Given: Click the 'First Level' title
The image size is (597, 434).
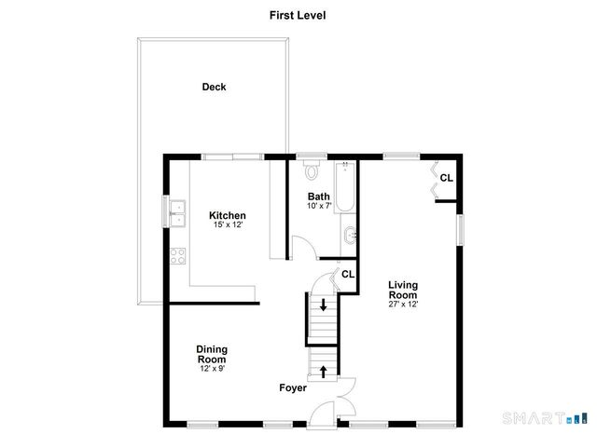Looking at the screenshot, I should [298, 15].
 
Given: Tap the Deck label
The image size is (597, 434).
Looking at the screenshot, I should [215, 88].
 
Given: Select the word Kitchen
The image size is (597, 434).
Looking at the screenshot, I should [227, 215].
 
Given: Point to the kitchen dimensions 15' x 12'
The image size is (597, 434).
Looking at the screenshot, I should [227, 225].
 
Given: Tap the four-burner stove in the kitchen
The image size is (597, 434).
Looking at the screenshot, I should [177, 258].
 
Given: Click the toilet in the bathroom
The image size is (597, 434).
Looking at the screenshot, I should [312, 173].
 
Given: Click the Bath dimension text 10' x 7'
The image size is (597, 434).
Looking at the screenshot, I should [320, 206].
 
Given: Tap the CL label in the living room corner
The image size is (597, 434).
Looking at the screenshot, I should [446, 178].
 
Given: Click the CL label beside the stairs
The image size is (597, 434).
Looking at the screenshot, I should [347, 274].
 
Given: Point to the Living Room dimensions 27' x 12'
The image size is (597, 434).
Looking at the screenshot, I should [403, 304].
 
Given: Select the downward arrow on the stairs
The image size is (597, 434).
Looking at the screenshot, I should [324, 305].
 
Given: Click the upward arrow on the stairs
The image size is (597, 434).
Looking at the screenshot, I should [324, 372].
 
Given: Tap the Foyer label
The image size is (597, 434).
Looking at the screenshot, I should [293, 387].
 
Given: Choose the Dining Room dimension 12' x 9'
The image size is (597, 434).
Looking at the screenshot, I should [212, 368].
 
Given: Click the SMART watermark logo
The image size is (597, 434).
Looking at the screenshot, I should [548, 415].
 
